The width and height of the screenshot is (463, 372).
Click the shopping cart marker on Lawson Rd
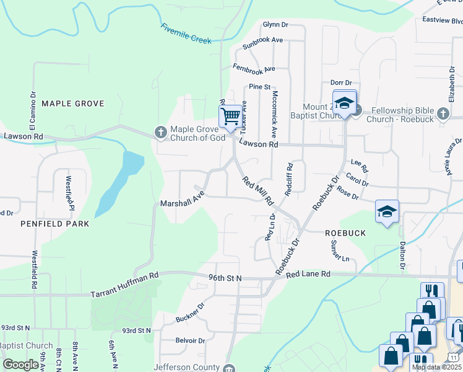pos(230,116)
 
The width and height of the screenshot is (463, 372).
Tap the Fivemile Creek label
pos(186,33)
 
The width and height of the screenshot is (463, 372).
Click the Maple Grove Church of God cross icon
pos(160,132)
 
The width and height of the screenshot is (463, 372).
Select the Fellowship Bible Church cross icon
pos(442,114)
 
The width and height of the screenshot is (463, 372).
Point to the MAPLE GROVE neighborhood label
pos(72,104)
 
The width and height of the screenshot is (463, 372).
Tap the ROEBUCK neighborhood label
pos(345,232)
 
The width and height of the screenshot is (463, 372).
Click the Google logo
pos(21,365)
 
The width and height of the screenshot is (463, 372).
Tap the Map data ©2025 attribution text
pos(436,367)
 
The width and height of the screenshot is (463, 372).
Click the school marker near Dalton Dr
pos(387,211)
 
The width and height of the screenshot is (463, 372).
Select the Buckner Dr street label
pos(190,312)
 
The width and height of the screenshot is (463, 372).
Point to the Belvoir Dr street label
pos(190,340)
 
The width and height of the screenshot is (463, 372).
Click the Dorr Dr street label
pos(340,82)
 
